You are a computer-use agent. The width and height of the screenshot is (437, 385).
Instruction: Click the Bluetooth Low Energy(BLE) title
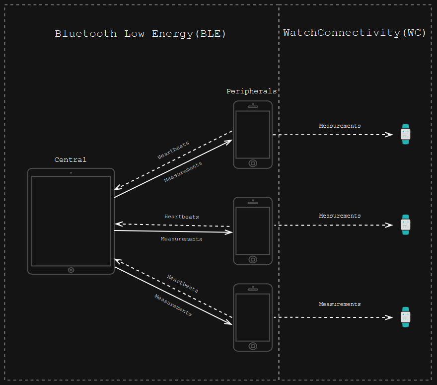click(140, 34)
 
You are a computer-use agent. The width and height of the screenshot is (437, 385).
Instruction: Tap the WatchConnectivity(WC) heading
click(355, 33)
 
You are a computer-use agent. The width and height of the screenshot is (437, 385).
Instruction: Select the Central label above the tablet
click(71, 160)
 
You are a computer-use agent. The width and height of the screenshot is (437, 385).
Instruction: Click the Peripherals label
click(251, 91)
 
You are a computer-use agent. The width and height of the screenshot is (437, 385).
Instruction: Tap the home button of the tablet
click(71, 270)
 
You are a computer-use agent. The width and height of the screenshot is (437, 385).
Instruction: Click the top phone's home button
click(253, 163)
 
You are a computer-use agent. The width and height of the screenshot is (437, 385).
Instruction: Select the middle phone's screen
click(253, 231)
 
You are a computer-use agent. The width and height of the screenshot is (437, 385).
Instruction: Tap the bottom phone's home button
click(253, 346)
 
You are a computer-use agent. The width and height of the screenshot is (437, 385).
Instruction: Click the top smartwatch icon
click(406, 134)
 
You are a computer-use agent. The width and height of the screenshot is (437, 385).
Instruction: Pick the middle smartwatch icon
click(406, 225)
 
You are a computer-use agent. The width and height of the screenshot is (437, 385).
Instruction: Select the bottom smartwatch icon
click(406, 317)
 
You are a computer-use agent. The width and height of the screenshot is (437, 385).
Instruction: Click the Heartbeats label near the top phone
click(173, 150)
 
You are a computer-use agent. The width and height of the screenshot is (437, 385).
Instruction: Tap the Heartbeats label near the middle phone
click(182, 217)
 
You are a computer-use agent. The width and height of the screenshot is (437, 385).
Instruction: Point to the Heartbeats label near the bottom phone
click(183, 284)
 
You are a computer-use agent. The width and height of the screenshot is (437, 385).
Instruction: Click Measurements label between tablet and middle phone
click(181, 239)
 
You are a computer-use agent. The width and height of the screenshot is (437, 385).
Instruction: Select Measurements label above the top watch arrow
click(340, 126)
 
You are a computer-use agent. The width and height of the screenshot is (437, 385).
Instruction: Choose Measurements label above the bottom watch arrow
click(340, 304)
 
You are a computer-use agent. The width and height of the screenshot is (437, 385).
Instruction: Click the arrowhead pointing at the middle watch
click(389, 225)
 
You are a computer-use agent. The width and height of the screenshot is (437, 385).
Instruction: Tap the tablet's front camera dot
click(71, 173)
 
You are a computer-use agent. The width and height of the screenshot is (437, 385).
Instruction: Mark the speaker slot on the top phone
click(253, 106)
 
